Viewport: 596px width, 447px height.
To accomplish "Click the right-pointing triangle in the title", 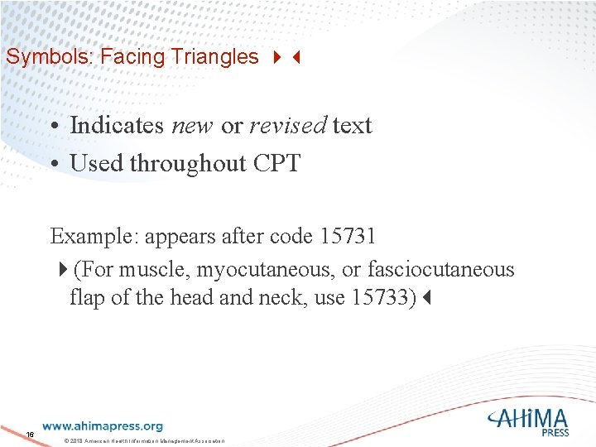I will (x=276, y=58).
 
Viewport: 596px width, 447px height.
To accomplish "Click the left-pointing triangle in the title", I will (x=294, y=58).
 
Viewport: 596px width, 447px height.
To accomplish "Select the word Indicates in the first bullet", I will (x=117, y=126).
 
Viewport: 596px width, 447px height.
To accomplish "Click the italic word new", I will (x=192, y=126).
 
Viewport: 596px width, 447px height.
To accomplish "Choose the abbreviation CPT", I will (x=275, y=163).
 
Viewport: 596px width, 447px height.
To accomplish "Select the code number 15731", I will (x=347, y=236).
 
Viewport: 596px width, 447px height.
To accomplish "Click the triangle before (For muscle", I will (x=65, y=271).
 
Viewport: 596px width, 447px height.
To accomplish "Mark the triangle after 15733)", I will (x=426, y=298).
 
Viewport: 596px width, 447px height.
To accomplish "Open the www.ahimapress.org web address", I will (x=102, y=426).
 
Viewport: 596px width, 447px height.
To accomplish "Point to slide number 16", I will (x=30, y=435).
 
